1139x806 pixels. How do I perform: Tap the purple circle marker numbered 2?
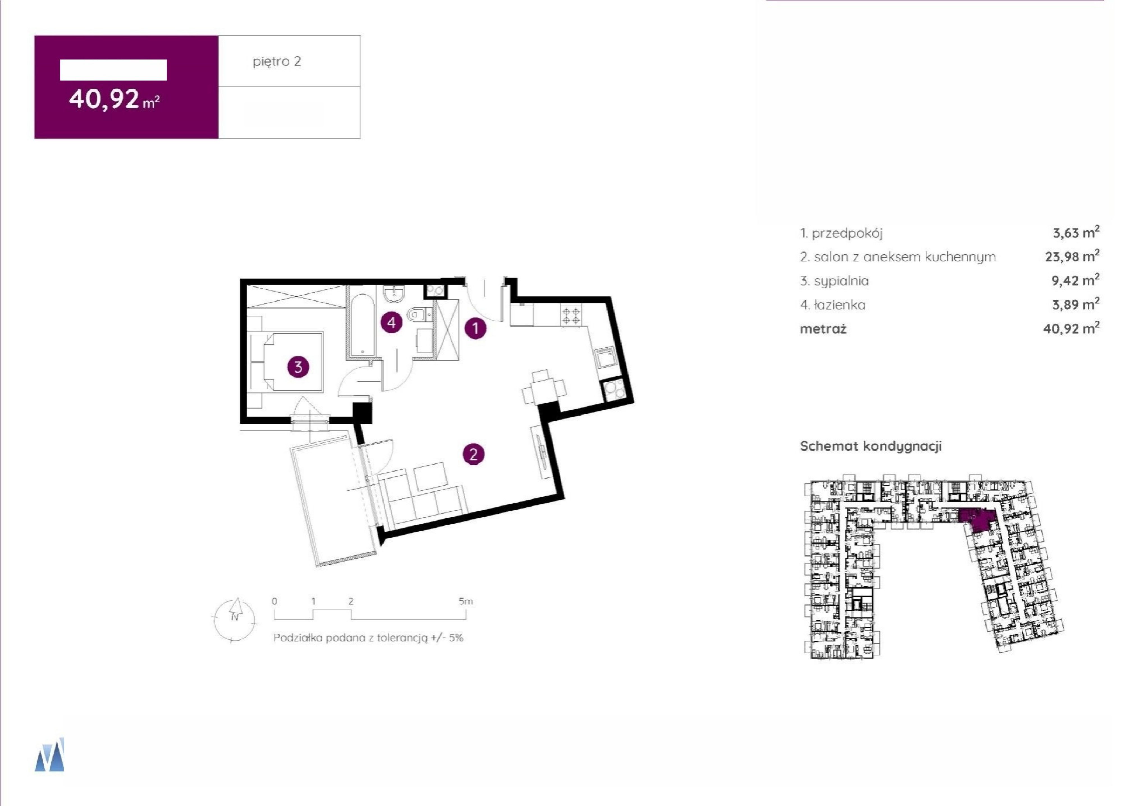(473, 454)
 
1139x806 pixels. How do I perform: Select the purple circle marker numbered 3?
(298, 367)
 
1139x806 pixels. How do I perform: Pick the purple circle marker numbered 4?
(392, 323)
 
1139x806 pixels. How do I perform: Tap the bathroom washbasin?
(395, 294)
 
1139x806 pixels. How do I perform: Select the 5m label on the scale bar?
(466, 601)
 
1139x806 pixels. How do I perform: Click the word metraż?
(823, 329)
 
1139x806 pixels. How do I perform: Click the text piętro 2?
(277, 61)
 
